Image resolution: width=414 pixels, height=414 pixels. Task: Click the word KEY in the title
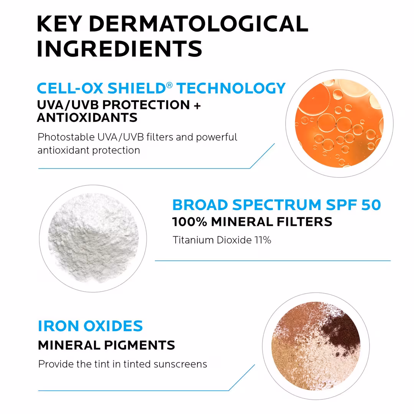(59, 24)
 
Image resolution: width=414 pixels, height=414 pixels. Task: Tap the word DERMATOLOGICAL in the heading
(198, 24)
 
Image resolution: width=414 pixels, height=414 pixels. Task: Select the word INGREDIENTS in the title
(119, 49)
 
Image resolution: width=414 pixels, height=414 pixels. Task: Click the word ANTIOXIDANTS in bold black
(87, 117)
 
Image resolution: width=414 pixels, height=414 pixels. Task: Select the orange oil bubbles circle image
(339, 123)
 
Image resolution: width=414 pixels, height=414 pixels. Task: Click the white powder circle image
(93, 238)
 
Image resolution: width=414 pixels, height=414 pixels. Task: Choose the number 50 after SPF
(371, 205)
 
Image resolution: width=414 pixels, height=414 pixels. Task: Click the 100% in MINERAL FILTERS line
(189, 222)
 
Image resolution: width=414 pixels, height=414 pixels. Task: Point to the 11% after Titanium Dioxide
(263, 240)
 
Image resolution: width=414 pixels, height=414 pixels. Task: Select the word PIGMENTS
(145, 345)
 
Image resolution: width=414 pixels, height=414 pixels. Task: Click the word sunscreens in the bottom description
(180, 364)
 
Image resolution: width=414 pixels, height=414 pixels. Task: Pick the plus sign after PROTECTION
(197, 105)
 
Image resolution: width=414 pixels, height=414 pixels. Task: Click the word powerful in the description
(217, 137)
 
